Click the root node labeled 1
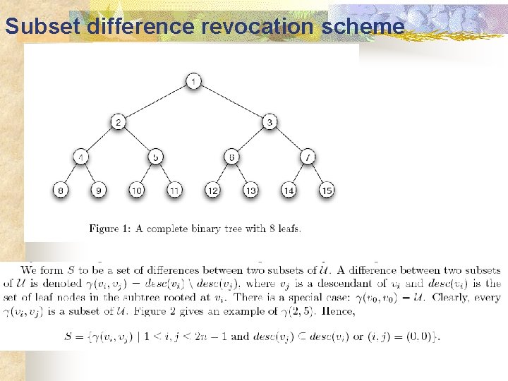[x=194, y=82]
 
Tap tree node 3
[x=270, y=122]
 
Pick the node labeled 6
[x=232, y=157]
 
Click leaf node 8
[x=61, y=190]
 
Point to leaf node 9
[x=99, y=190]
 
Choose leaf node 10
[x=137, y=190]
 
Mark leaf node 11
[x=175, y=190]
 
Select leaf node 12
[x=213, y=190]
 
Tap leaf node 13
[x=250, y=190]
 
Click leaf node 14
[x=289, y=190]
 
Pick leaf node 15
[x=326, y=190]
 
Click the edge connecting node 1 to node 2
[x=156, y=102]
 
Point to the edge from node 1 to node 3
[x=232, y=102]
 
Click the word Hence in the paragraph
[x=338, y=311]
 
